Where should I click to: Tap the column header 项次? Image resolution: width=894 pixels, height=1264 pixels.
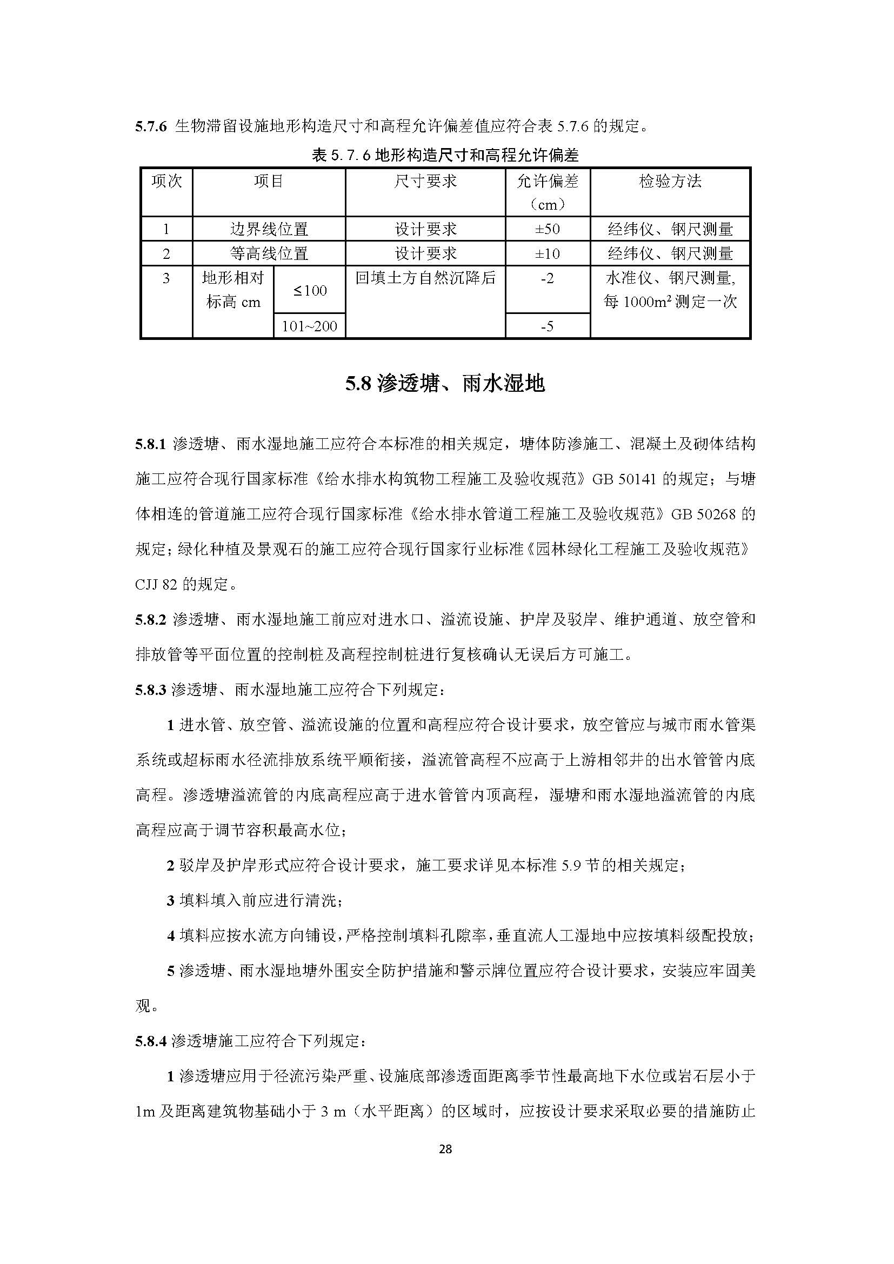tap(166, 181)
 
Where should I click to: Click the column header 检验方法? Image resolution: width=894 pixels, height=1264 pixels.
tap(670, 181)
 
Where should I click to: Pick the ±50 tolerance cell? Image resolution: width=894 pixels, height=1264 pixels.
tap(547, 229)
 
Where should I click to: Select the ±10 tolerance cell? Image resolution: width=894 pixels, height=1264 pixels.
tap(547, 253)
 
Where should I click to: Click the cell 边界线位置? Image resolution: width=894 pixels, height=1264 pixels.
tap(269, 229)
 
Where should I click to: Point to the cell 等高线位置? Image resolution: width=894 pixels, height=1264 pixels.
tap(269, 253)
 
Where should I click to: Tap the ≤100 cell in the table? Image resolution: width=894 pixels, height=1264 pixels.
tap(309, 290)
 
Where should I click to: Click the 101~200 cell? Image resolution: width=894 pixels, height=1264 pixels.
tap(309, 326)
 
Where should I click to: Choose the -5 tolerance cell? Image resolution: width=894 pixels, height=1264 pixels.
tap(547, 326)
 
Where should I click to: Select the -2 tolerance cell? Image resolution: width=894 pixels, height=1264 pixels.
tap(547, 278)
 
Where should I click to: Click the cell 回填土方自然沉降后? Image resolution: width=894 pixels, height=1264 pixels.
tap(425, 278)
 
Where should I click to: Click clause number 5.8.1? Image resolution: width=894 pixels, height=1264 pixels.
tap(150, 444)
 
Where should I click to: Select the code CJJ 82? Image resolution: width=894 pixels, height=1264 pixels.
tap(156, 584)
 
